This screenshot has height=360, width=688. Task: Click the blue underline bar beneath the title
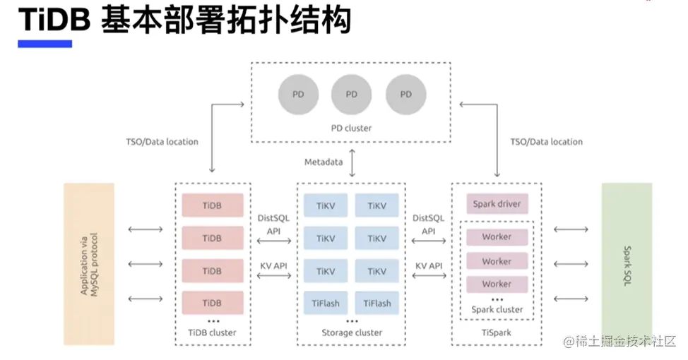[45, 44]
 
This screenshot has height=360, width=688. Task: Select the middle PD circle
[352, 94]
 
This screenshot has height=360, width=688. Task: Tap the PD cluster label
[351, 128]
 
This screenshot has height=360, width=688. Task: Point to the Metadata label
[323, 162]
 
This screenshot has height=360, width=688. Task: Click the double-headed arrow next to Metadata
[351, 162]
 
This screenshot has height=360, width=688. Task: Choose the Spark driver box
[497, 204]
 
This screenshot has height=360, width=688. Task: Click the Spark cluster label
[497, 309]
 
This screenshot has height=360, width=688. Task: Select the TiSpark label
[497, 332]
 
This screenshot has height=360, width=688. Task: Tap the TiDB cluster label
[212, 332]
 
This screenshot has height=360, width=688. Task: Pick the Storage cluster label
[351, 332]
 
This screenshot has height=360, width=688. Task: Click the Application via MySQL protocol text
[89, 264]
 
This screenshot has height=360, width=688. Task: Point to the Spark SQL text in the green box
[627, 264]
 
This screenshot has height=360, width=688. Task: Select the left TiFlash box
[326, 304]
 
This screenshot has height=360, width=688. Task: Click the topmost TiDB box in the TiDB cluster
[212, 205]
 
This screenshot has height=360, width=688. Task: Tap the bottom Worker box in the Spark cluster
[497, 284]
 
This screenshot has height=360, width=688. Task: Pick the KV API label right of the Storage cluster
[429, 265]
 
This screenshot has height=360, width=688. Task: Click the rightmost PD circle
[406, 94]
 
